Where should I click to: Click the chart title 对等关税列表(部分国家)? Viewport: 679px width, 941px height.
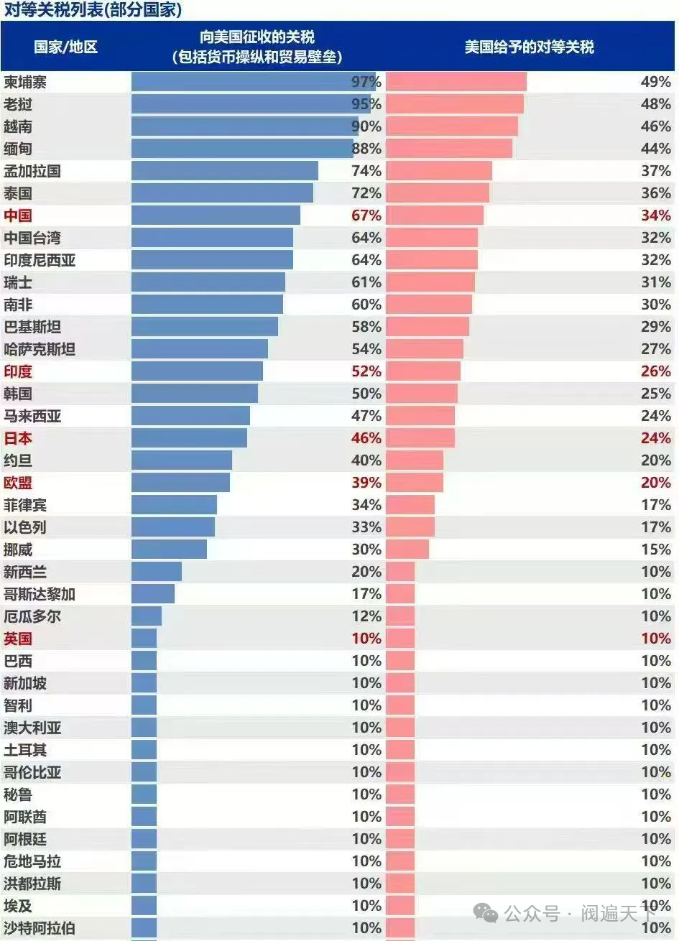93,9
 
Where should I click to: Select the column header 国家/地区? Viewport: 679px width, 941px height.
65,47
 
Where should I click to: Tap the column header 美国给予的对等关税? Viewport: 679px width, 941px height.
529,47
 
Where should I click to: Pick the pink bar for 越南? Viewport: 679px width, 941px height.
451,126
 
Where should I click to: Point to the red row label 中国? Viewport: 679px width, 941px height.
18,215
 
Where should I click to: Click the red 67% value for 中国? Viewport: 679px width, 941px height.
366,215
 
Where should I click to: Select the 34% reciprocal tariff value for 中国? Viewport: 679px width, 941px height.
655,215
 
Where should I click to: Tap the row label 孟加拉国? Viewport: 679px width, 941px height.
32,171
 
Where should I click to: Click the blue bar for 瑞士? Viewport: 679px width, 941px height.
208,282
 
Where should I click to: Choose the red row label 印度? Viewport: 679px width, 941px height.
18,371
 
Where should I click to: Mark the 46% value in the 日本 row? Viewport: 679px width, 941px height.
366,438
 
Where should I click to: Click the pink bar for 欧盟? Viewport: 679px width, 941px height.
415,483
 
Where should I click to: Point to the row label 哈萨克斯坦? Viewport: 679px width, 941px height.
40,349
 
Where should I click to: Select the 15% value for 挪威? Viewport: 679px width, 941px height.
655,550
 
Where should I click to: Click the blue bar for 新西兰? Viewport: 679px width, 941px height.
157,572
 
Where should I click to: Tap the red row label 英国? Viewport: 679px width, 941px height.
18,639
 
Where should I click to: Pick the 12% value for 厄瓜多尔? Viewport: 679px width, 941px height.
366,616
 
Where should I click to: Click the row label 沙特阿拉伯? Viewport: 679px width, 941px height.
40,928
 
